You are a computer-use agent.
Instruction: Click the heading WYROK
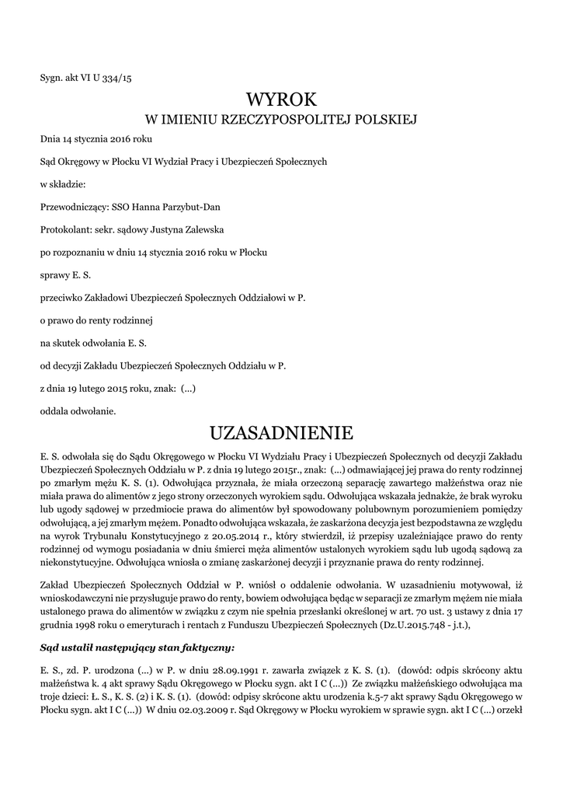point(281,99)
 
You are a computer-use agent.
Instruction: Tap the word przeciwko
point(62,298)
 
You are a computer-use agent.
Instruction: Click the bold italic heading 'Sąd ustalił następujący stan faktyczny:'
point(137,647)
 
